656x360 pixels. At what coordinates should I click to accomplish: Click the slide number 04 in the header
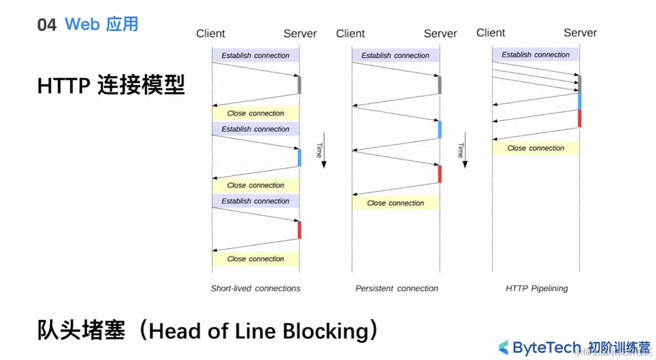coord(47,25)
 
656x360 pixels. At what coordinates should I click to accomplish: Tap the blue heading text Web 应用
coord(101,24)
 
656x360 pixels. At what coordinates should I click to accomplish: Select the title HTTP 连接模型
coord(111,86)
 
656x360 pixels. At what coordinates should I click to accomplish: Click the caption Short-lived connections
coord(255,288)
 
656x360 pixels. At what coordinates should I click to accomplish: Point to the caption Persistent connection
coord(397,288)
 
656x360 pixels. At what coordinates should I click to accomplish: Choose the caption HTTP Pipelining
coord(536,288)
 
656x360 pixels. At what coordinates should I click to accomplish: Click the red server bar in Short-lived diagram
coord(299,230)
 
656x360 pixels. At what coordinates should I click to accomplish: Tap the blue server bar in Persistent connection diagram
coord(440,129)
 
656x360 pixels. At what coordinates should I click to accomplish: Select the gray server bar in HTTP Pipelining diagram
coord(580,83)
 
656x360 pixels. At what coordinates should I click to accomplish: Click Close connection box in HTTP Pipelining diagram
coord(536,148)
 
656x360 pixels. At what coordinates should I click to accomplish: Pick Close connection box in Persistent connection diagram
coord(396,203)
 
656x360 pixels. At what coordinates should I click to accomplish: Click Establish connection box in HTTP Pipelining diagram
coord(536,55)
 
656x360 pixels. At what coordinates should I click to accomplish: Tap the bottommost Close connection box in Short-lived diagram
coord(255,259)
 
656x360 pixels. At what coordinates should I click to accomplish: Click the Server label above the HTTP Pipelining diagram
coord(580,33)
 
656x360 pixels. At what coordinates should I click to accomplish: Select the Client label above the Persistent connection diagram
coord(351,33)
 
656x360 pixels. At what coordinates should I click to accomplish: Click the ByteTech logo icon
coord(504,347)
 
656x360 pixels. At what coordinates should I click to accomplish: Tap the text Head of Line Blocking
coord(258,331)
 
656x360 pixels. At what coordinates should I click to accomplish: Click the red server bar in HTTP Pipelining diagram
coord(580,118)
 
